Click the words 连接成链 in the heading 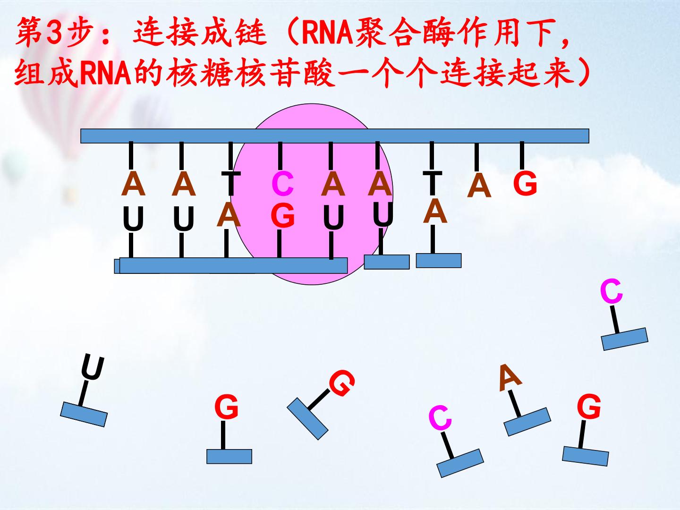tap(200, 32)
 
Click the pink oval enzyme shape tap(312, 194)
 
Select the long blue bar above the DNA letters tap(335, 136)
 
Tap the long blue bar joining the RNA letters tap(233, 265)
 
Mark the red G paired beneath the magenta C tap(282, 215)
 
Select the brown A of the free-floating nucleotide tap(510, 378)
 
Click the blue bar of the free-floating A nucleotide tap(527, 422)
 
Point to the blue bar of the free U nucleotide tap(84, 414)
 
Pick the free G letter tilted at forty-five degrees tap(342, 383)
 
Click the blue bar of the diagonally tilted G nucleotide tap(307, 419)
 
